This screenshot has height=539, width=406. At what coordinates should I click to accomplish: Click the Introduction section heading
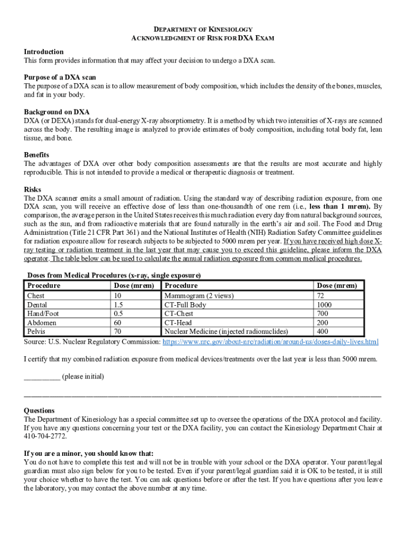(x=44, y=52)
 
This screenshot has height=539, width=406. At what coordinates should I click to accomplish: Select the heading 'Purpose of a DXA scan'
(x=60, y=77)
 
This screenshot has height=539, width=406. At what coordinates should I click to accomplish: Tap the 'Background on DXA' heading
(x=56, y=112)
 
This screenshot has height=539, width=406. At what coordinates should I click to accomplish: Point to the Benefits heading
(x=36, y=155)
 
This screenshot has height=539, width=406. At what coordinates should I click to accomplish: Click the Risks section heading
(x=33, y=189)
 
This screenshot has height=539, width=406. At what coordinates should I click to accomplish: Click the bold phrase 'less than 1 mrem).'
(x=340, y=206)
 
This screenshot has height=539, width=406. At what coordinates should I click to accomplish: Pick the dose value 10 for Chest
(x=118, y=296)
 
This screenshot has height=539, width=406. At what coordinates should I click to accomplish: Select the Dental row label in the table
(x=37, y=305)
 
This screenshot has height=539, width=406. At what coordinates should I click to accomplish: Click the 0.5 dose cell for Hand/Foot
(x=119, y=314)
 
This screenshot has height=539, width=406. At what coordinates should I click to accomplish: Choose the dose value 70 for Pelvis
(x=118, y=332)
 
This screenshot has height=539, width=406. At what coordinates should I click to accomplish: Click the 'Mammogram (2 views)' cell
(x=199, y=296)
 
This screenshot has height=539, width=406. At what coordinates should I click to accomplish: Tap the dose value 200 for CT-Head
(x=323, y=323)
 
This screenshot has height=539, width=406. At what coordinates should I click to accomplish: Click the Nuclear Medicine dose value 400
(x=323, y=332)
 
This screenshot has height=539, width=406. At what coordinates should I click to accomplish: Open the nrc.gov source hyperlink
(x=270, y=342)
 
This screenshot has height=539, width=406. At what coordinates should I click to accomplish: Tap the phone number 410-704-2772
(x=45, y=436)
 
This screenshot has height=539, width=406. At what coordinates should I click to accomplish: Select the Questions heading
(x=39, y=411)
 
